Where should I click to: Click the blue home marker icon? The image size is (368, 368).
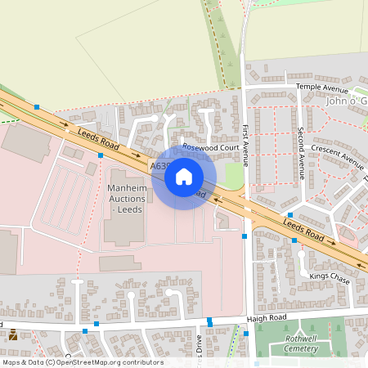184,177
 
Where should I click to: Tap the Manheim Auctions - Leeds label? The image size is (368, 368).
125,199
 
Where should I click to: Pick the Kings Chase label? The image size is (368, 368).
330,278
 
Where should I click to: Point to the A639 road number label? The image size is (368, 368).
159,166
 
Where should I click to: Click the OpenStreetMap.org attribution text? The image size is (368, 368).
110,362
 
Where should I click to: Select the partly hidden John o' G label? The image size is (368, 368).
347,101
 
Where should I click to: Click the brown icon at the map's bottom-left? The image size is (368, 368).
13,334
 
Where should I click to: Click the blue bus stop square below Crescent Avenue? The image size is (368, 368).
290,214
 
